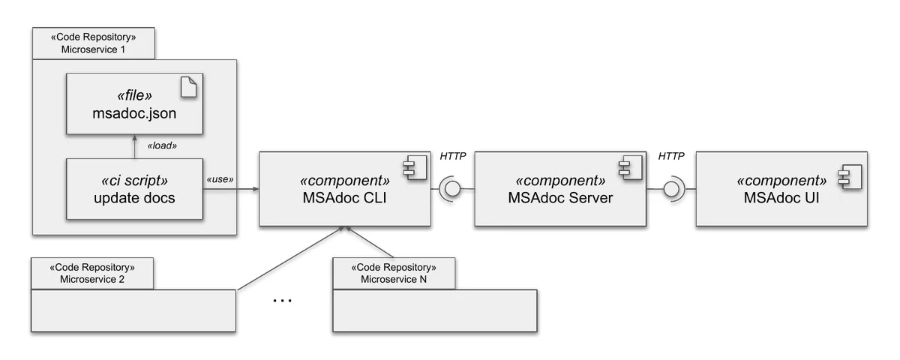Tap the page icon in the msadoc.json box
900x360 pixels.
(x=188, y=88)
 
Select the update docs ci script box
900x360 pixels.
(x=134, y=189)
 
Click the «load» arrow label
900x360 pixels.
(x=162, y=146)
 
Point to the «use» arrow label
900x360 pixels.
(x=220, y=179)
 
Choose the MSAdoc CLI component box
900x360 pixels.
(x=344, y=189)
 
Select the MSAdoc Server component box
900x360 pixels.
(x=560, y=189)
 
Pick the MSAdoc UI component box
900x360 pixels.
(x=782, y=189)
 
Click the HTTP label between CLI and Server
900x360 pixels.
(x=452, y=157)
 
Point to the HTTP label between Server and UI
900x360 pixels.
(x=672, y=157)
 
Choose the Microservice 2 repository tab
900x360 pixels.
(x=92, y=274)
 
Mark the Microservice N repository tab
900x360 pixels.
(x=394, y=274)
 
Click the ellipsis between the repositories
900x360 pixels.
(x=282, y=300)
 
